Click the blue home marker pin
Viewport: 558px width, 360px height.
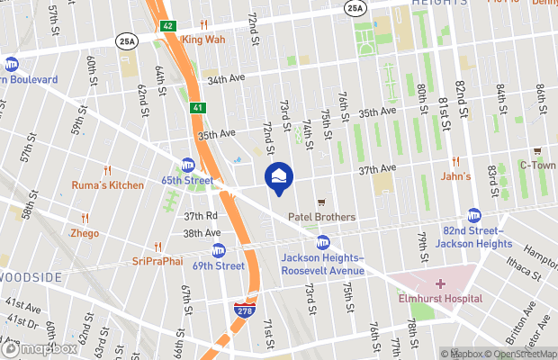click(x=277, y=175)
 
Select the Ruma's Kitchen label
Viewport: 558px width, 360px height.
click(x=107, y=185)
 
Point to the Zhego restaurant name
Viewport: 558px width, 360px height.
click(x=85, y=232)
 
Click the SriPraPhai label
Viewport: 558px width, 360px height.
click(x=157, y=261)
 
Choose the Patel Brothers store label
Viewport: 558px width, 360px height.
click(x=321, y=217)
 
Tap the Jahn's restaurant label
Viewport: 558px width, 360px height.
click(x=455, y=176)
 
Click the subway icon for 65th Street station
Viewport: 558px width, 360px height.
click(x=188, y=165)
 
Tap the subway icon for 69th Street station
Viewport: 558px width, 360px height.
click(x=219, y=250)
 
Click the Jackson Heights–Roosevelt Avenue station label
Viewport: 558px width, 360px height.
click(x=322, y=264)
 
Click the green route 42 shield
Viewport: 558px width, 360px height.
click(x=168, y=26)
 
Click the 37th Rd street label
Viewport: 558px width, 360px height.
click(x=201, y=216)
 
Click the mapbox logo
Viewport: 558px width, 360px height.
click(x=40, y=349)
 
